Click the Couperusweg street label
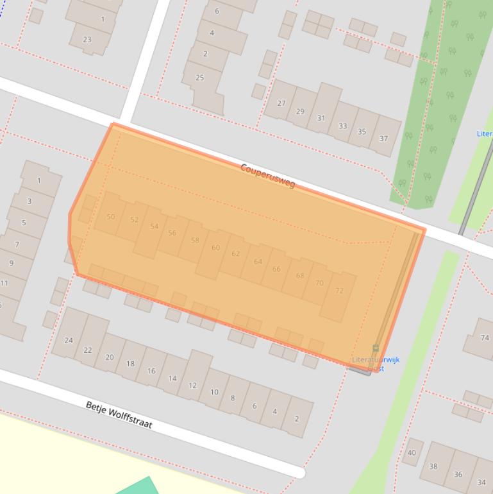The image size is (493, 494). pyautogui.click(x=267, y=176)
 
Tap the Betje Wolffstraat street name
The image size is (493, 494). pyautogui.click(x=119, y=414)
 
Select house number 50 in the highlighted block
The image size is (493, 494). pyautogui.click(x=111, y=217)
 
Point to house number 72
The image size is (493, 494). pyautogui.click(x=339, y=291)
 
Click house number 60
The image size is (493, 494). pyautogui.click(x=215, y=248)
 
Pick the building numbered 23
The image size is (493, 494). pyautogui.click(x=87, y=39)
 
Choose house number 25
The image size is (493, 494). pyautogui.click(x=199, y=78)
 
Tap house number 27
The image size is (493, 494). pyautogui.click(x=281, y=103)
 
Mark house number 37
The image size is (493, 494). pyautogui.click(x=383, y=138)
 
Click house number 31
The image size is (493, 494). pyautogui.click(x=321, y=118)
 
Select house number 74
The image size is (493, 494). pyautogui.click(x=485, y=337)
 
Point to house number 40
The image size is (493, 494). pyautogui.click(x=412, y=452)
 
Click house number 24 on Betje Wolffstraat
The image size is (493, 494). pyautogui.click(x=69, y=340)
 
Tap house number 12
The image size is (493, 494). pyautogui.click(x=192, y=386)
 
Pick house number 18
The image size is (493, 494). pyautogui.click(x=130, y=363)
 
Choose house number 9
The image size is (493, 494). pyautogui.click(x=11, y=263)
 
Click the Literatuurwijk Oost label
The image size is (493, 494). pyautogui.click(x=376, y=364)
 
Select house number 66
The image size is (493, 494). pyautogui.click(x=276, y=269)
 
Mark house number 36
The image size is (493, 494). pyautogui.click(x=458, y=474)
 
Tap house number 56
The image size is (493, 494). pyautogui.click(x=172, y=233)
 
